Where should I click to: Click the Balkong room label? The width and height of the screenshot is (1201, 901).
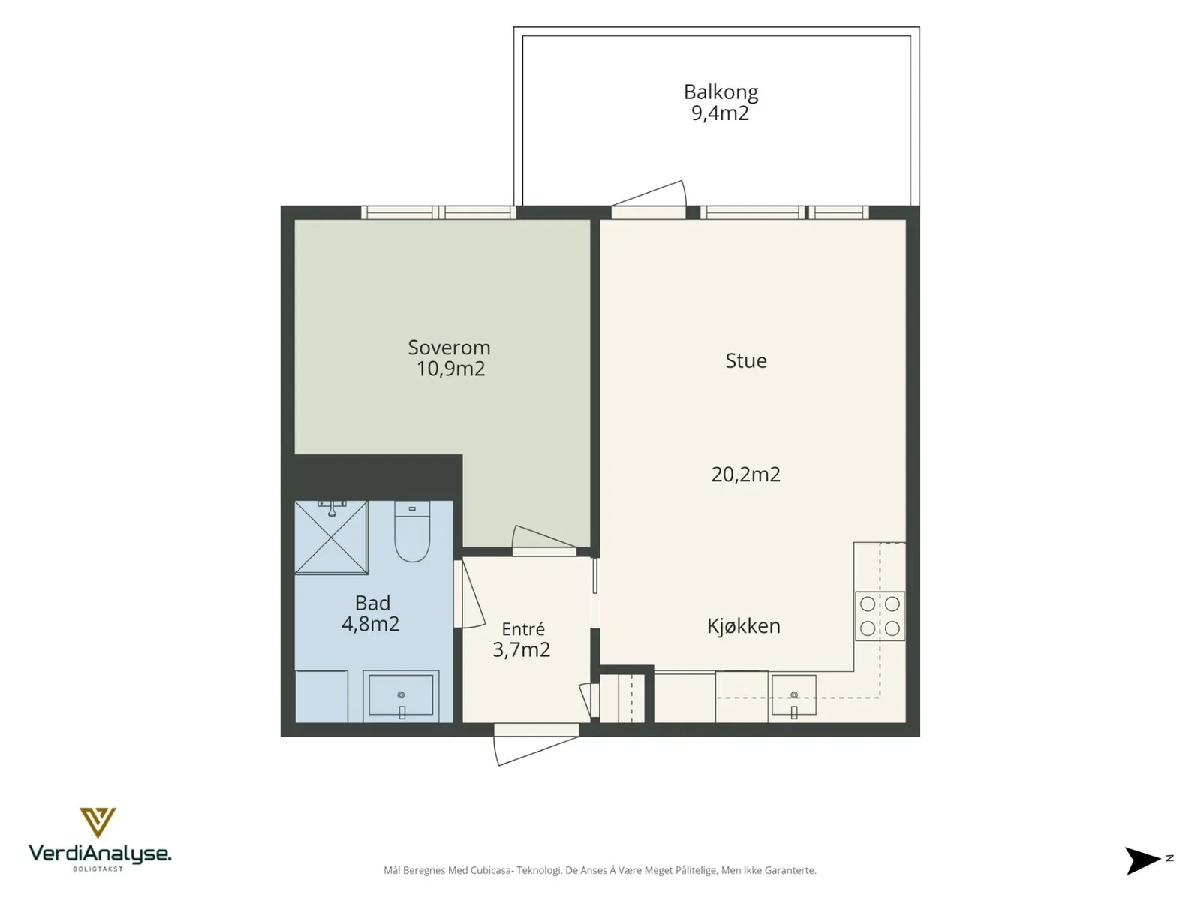tap(721, 92)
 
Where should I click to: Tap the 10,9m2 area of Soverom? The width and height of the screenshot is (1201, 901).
tap(451, 369)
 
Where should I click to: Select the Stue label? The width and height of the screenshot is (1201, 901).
tap(746, 360)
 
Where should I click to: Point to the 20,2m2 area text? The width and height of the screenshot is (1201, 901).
tap(746, 475)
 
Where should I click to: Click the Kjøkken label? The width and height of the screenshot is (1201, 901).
tap(744, 626)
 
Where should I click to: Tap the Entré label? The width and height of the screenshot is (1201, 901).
tap(523, 629)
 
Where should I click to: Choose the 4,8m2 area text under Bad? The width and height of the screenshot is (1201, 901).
tap(370, 624)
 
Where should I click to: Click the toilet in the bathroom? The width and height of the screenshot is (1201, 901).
tap(412, 531)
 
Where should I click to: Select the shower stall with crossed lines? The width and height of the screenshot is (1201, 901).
tap(331, 537)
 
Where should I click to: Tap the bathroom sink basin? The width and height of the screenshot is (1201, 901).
tap(401, 697)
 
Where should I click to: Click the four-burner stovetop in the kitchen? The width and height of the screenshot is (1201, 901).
tap(880, 616)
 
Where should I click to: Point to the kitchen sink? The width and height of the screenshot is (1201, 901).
tap(794, 695)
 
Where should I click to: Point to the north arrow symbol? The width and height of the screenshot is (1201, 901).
tap(1143, 860)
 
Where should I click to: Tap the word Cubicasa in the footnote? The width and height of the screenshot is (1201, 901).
tap(492, 870)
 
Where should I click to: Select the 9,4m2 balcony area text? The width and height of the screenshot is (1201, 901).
tap(720, 113)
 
